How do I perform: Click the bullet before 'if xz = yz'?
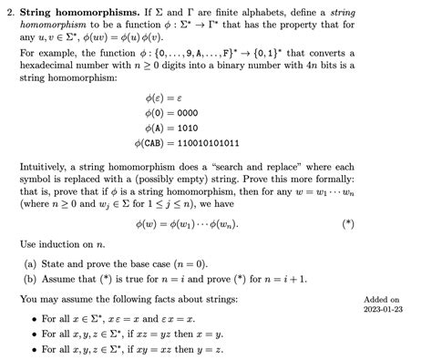pyautogui.click(x=34, y=334)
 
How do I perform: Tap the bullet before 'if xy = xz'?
pyautogui.click(x=34, y=349)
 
